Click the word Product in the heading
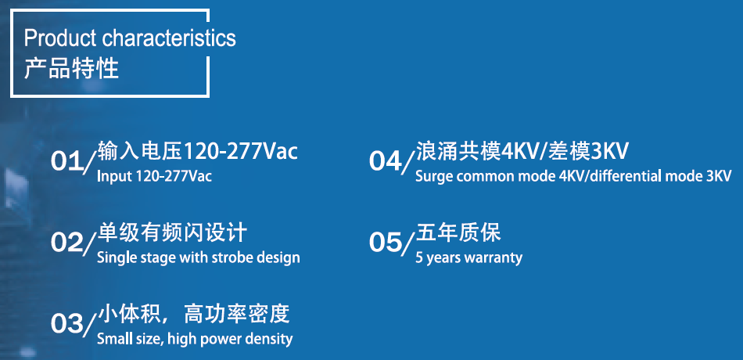60,38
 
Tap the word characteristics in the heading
169,38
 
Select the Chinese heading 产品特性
71,69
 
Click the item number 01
66,162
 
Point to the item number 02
66,243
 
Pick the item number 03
66,325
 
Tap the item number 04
386,162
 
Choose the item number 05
386,243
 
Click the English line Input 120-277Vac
154,176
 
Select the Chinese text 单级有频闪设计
172,233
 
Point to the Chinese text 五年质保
458,233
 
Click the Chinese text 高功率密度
236,315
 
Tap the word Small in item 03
112,339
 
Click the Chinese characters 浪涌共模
458,151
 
